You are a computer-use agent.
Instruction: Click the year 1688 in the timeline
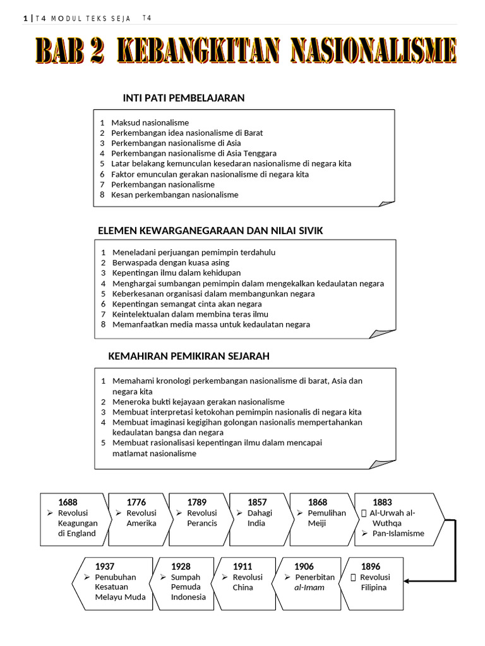tap(68, 502)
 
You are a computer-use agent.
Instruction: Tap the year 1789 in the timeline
tap(197, 502)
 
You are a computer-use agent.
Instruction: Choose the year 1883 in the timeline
tap(382, 502)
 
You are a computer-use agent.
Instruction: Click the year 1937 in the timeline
tap(105, 567)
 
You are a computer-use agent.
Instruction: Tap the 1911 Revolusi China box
tap(244, 583)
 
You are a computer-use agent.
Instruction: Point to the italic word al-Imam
tap(309, 587)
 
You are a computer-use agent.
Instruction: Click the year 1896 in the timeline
tap(371, 567)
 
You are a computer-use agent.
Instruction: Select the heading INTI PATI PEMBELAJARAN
tap(183, 98)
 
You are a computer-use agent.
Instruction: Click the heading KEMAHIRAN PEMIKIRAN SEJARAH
tap(189, 356)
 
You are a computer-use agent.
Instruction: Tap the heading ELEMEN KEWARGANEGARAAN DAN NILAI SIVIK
tap(210, 231)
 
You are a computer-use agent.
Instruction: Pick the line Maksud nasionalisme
tap(150, 122)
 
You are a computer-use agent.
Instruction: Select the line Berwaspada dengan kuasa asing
tap(171, 262)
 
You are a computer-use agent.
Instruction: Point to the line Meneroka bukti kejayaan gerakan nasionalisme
tap(198, 402)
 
